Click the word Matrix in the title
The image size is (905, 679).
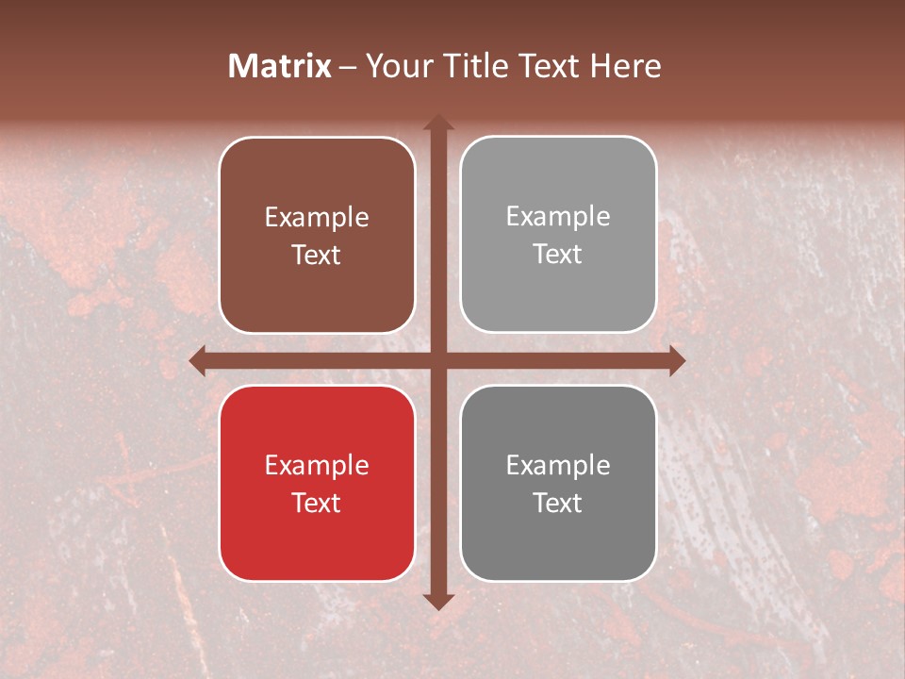(280, 66)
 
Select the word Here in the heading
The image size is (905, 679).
(625, 66)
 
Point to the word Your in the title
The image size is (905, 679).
(394, 66)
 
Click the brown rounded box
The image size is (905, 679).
(317, 235)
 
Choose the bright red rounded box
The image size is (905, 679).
(317, 483)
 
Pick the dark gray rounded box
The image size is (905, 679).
(558, 483)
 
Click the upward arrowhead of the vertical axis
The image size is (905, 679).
(437, 123)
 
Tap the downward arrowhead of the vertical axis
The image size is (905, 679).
(437, 601)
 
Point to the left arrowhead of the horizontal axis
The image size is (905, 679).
(199, 360)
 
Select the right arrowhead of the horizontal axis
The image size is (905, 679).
(676, 360)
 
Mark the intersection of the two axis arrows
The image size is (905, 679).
(437, 360)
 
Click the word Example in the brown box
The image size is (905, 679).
(317, 218)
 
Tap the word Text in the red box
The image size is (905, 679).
(317, 503)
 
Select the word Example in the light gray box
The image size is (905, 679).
(558, 217)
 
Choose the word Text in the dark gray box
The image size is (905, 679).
(558, 503)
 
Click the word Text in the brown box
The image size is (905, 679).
(317, 255)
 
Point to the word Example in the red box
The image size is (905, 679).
(317, 465)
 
